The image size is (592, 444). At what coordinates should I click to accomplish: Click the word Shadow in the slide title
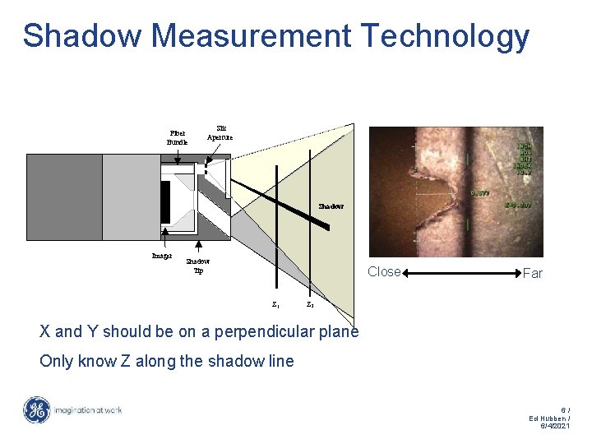[x=85, y=36]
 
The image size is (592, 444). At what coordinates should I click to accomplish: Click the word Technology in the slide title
[x=445, y=36]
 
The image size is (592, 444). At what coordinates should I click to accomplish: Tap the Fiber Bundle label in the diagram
[x=177, y=136]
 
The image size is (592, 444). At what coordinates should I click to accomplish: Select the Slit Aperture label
[x=220, y=132]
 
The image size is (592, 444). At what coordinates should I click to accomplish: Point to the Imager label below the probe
[x=162, y=256]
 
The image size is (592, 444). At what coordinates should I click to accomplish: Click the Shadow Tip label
[x=198, y=266]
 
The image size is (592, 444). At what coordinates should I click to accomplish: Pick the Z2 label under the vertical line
[x=309, y=304]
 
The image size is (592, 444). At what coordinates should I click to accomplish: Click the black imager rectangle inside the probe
[x=165, y=201]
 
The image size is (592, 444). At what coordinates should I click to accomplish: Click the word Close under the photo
[x=384, y=271]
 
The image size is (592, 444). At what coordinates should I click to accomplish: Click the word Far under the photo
[x=532, y=273]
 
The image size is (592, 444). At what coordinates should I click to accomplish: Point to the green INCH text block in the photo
[x=524, y=159]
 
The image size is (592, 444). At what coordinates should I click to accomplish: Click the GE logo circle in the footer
[x=36, y=410]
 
